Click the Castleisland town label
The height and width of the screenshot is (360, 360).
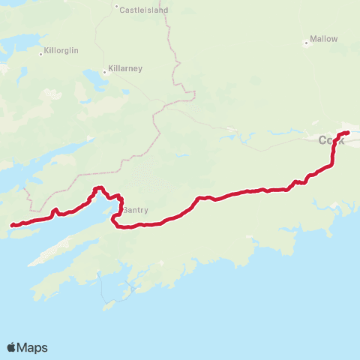pos(145,10)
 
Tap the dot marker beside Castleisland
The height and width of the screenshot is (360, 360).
pos(117,10)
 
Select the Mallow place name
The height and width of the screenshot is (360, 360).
pos(325,38)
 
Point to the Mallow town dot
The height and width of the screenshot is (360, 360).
pos(306,42)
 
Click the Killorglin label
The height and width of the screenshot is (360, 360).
pos(62,50)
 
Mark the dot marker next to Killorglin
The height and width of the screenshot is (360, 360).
pos(40,53)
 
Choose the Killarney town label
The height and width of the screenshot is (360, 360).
pos(125,67)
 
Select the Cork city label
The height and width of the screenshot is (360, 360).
pos(331,140)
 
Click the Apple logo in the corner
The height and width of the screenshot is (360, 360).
pos(12,347)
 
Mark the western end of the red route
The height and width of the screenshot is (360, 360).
pos(11,225)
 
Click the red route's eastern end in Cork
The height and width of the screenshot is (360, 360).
pos(348,133)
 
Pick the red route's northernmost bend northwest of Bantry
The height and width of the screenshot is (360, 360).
pos(98,187)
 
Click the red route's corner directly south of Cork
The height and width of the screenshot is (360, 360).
pos(333,163)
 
